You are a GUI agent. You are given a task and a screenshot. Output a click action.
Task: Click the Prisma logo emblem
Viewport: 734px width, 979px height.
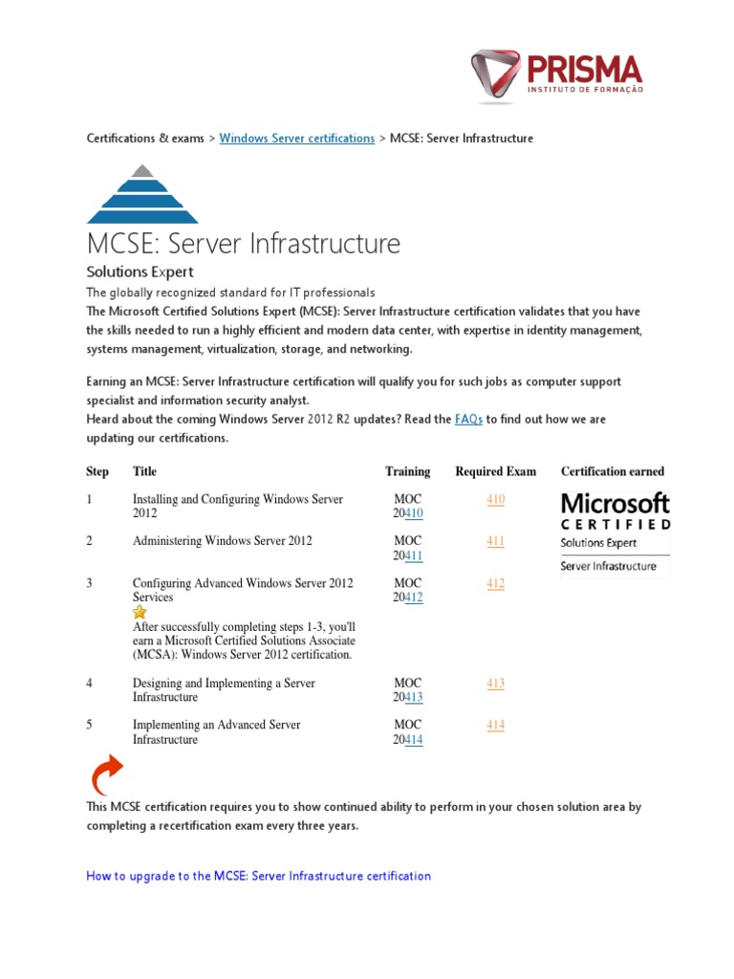coord(497,76)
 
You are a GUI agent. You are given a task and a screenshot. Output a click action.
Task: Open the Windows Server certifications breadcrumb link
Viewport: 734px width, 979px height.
coord(296,139)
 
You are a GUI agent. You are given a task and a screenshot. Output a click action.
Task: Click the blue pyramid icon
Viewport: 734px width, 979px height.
coord(142,194)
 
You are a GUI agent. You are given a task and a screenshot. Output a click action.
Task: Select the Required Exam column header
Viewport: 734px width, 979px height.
coord(495,471)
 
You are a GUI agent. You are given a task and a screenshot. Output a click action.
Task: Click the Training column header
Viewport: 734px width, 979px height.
coord(407,471)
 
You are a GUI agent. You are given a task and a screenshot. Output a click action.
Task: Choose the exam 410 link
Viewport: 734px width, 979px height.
coord(495,499)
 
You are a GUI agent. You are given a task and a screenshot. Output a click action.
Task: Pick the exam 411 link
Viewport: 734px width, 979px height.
coord(495,541)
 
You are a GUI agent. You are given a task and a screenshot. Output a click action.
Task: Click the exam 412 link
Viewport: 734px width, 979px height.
coord(495,583)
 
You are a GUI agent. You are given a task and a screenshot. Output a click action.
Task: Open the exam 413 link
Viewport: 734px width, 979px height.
coord(495,684)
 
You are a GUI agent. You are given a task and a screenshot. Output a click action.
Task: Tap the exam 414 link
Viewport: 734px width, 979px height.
coord(495,725)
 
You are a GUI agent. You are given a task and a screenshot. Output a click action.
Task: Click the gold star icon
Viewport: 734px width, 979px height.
coord(140,612)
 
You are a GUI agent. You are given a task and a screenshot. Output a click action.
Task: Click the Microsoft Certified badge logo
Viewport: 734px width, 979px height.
coord(615,533)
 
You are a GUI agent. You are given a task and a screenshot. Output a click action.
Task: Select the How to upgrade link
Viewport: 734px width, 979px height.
coord(258,876)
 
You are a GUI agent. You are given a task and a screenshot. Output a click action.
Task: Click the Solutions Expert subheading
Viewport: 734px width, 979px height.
coord(140,272)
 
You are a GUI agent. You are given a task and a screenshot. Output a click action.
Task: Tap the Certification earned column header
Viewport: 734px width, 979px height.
coord(612,471)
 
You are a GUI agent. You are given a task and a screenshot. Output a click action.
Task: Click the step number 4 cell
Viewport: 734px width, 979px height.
coord(89,684)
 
